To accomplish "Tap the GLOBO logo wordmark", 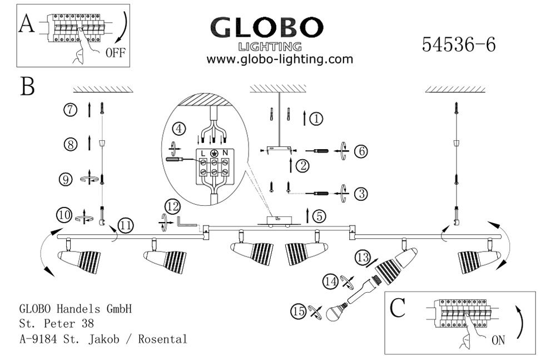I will click(x=267, y=27).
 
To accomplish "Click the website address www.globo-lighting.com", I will click(x=280, y=59).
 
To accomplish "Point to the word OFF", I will click(x=116, y=53).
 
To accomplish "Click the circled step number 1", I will click(x=315, y=119).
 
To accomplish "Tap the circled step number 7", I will click(x=69, y=110).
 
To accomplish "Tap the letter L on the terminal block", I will click(x=203, y=152).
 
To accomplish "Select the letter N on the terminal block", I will click(x=225, y=152).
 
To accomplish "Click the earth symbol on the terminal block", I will click(x=214, y=152).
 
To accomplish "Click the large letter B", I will click(x=28, y=87).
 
